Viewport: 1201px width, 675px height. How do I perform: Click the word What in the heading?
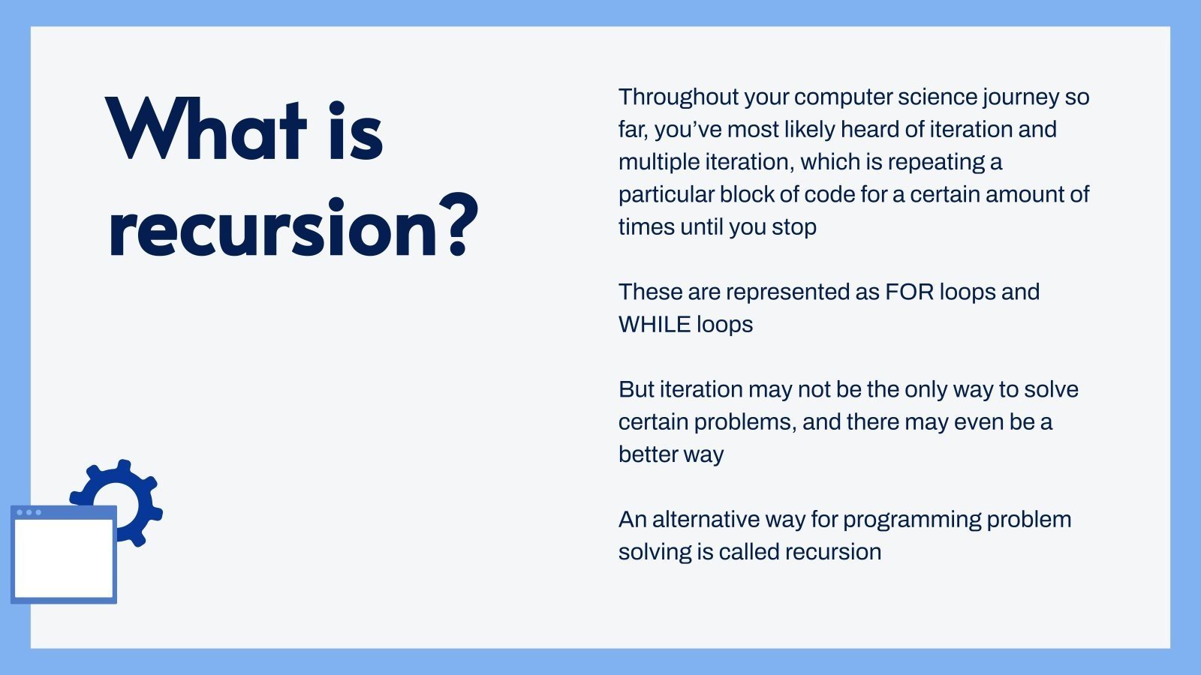206,129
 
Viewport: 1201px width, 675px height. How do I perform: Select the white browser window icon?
64,554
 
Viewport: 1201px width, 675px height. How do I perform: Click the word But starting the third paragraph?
637,390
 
